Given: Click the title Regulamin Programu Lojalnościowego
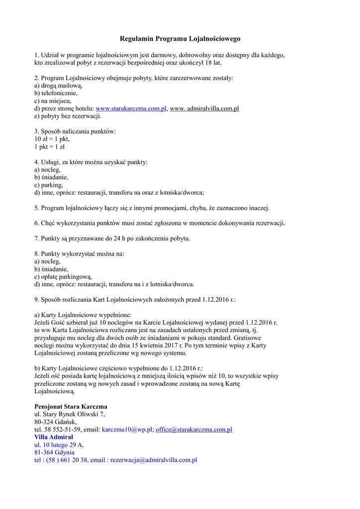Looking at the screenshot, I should point(180,38).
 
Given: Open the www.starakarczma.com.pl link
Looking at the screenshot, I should point(131,108).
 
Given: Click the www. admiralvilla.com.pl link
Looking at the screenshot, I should point(204,108).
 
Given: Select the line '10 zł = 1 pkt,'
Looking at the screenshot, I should point(52,139).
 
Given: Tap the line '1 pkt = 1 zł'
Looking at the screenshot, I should point(50,147).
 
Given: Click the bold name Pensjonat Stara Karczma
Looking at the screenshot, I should point(71,406).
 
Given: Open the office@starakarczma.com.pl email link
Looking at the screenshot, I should point(194,429).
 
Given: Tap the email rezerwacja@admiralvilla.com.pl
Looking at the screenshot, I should point(154,460).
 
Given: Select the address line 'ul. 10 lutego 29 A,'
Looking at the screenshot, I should point(59,445).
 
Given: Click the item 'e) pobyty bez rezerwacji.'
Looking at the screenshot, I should point(68,116).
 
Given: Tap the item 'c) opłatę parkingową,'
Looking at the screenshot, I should point(63,277).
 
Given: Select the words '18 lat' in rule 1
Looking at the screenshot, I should point(211,63).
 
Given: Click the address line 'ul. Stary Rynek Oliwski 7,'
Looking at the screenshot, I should point(70,414).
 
